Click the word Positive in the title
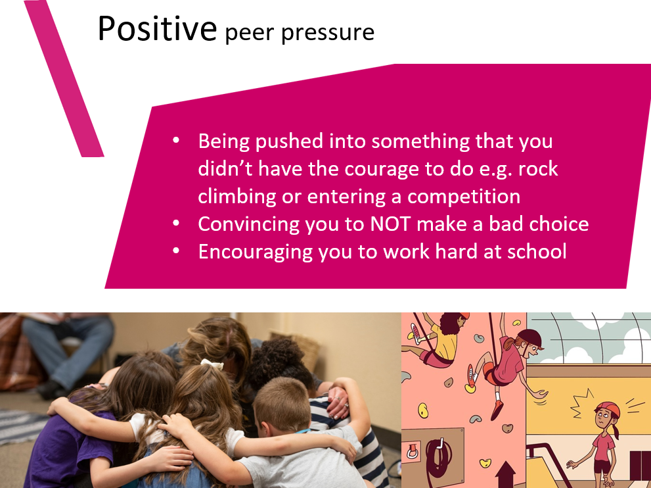[x=157, y=28]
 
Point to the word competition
[x=464, y=196]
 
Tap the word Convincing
[x=248, y=224]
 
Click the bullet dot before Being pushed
[x=176, y=141]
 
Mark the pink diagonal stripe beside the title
[x=64, y=78]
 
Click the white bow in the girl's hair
[x=212, y=364]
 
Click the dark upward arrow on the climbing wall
[x=505, y=474]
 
